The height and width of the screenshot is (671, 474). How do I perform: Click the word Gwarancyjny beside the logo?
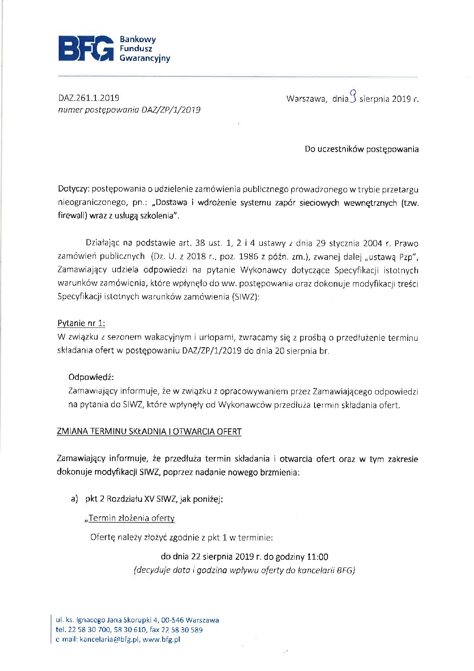(145, 58)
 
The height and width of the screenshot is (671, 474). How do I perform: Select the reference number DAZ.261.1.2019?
(89, 98)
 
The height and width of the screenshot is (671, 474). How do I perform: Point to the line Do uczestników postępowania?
(362, 149)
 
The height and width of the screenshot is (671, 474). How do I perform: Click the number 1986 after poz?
(249, 257)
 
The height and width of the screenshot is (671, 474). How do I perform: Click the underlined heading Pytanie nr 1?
(81, 323)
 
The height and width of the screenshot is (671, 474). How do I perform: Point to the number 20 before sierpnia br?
(280, 351)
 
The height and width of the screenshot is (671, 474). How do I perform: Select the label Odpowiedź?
(91, 377)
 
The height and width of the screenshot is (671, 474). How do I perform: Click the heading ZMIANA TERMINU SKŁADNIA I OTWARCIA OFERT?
(149, 432)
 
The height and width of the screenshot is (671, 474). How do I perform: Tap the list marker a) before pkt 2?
(74, 499)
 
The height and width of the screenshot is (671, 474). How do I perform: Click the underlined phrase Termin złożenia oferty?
(131, 518)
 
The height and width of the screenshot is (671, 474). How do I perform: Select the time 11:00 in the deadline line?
(317, 557)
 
